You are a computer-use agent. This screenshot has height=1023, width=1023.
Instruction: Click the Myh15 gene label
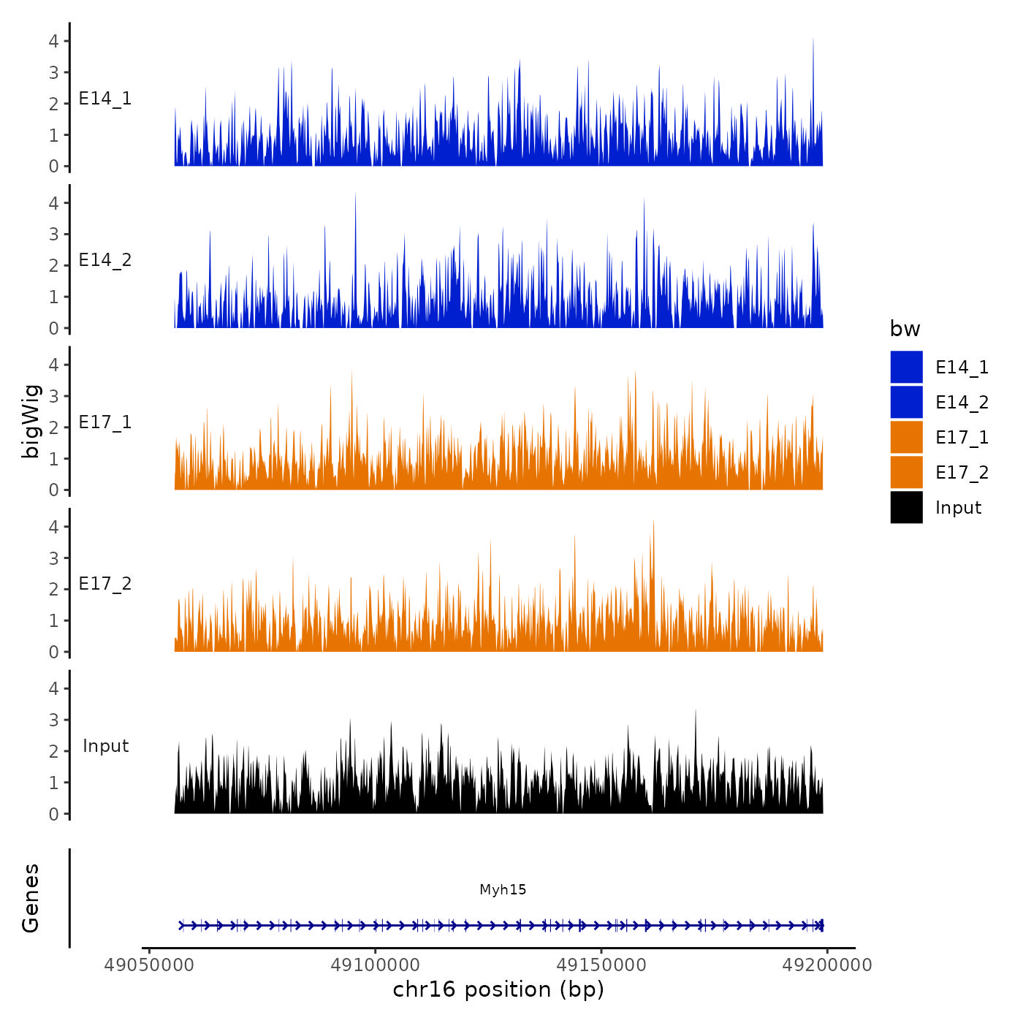point(503,889)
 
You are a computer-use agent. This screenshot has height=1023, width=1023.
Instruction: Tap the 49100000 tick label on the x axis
point(375,965)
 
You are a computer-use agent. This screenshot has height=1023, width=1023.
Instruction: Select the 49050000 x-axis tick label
point(149,965)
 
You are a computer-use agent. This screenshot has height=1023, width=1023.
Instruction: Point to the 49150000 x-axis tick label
point(601,965)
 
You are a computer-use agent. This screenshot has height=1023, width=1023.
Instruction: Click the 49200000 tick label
point(827,965)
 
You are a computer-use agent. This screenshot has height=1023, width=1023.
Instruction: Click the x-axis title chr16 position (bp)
point(498,989)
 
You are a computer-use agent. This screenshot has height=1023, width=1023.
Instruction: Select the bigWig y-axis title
point(31,422)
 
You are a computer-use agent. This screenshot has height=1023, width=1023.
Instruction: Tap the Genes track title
point(31,898)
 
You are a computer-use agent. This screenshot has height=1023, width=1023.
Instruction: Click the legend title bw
point(905,330)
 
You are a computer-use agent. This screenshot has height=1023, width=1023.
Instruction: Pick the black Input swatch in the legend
point(906,508)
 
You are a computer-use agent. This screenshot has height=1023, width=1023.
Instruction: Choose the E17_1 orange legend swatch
point(906,438)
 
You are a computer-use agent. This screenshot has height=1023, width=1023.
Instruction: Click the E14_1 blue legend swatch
point(906,368)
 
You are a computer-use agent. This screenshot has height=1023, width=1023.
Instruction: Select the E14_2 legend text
point(962,403)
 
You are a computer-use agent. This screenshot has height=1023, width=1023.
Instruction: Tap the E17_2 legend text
point(962,473)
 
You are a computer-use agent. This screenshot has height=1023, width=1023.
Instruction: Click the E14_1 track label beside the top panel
point(105,99)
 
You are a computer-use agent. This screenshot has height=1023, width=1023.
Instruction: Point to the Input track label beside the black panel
point(105,746)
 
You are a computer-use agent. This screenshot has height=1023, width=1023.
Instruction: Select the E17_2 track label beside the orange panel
point(105,584)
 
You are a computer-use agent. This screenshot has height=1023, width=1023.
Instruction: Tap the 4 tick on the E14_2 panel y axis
point(54,203)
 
